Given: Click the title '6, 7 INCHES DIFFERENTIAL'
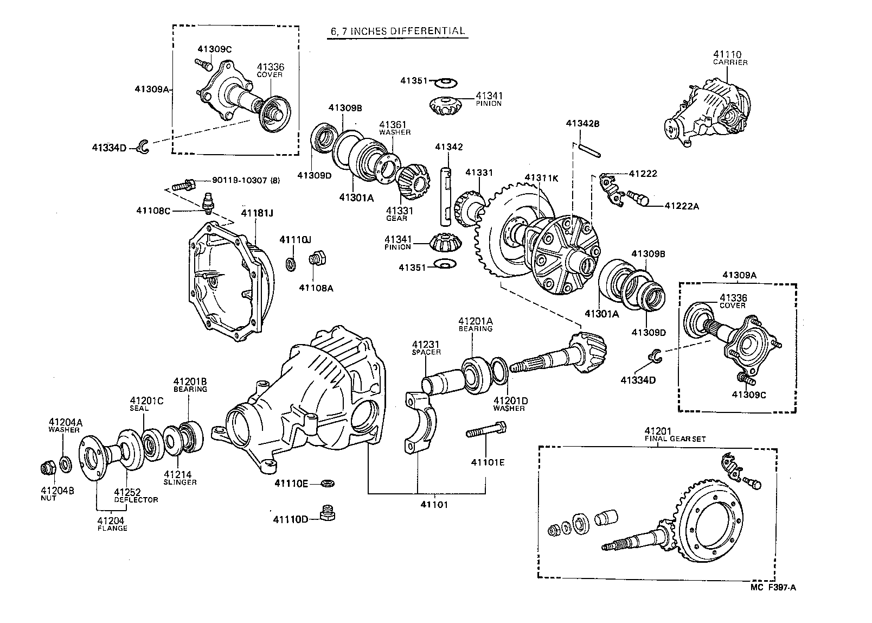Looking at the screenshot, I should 397,31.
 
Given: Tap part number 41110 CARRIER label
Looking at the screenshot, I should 729,58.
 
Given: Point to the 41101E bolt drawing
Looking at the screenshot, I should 486,433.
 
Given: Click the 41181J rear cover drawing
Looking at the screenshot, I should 228,282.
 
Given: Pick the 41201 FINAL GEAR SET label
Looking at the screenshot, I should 675,434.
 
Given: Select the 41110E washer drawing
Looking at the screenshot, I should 328,482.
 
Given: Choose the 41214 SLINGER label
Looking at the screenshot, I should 180,478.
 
